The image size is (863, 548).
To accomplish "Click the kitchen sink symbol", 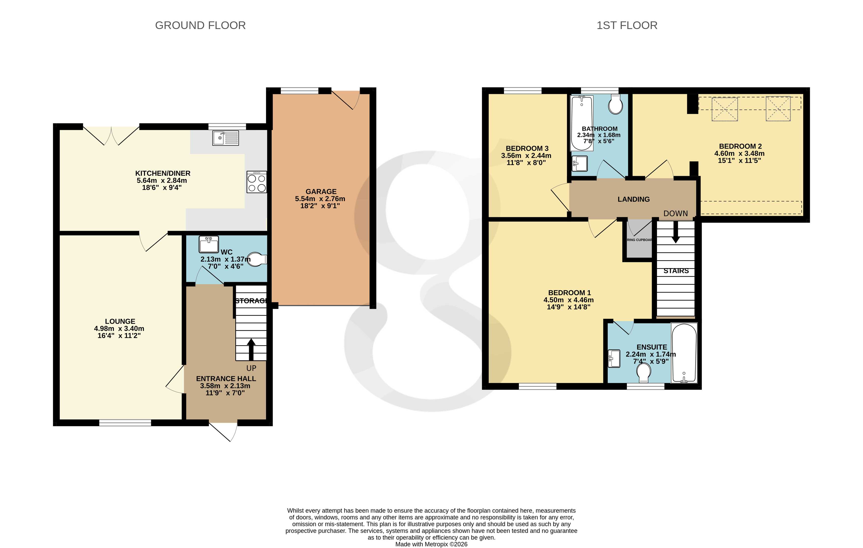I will point(225,138).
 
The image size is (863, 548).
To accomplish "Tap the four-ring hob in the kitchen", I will point(256,182).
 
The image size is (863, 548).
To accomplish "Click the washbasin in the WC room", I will point(208,245).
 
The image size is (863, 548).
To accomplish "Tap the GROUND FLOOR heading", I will point(200,25).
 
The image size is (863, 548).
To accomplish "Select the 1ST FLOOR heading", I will point(627,25).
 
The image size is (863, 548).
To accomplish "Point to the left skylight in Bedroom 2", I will point(724,109).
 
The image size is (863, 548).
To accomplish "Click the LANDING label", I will point(633,199).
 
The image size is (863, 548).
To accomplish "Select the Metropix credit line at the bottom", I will point(431,544).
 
